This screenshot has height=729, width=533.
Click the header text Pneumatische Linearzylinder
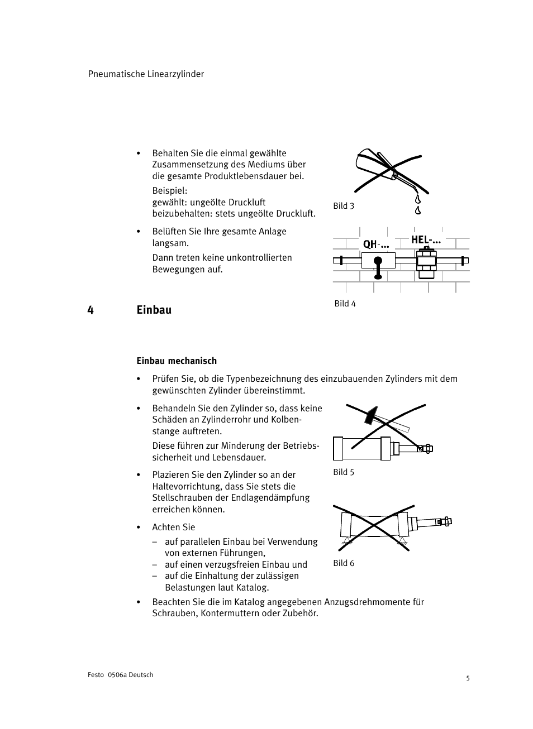(146, 74)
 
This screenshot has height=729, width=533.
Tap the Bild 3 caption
(344, 206)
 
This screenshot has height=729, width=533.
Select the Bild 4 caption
(345, 304)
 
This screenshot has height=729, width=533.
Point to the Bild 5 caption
(344, 472)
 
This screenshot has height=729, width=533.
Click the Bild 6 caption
(344, 563)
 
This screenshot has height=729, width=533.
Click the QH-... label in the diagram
(375, 244)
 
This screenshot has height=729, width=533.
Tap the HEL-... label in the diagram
(426, 240)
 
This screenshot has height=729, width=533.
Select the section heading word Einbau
(154, 310)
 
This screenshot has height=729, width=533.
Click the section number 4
(91, 310)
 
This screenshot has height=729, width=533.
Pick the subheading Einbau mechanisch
(177, 361)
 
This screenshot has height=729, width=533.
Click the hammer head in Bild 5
(370, 415)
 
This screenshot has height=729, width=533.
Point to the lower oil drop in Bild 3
(417, 210)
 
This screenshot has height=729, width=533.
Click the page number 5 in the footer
(468, 679)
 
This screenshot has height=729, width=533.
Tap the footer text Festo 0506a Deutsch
(120, 675)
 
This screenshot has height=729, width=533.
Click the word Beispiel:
(169, 191)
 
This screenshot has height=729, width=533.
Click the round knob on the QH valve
(378, 261)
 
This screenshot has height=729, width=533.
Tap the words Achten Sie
(173, 527)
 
